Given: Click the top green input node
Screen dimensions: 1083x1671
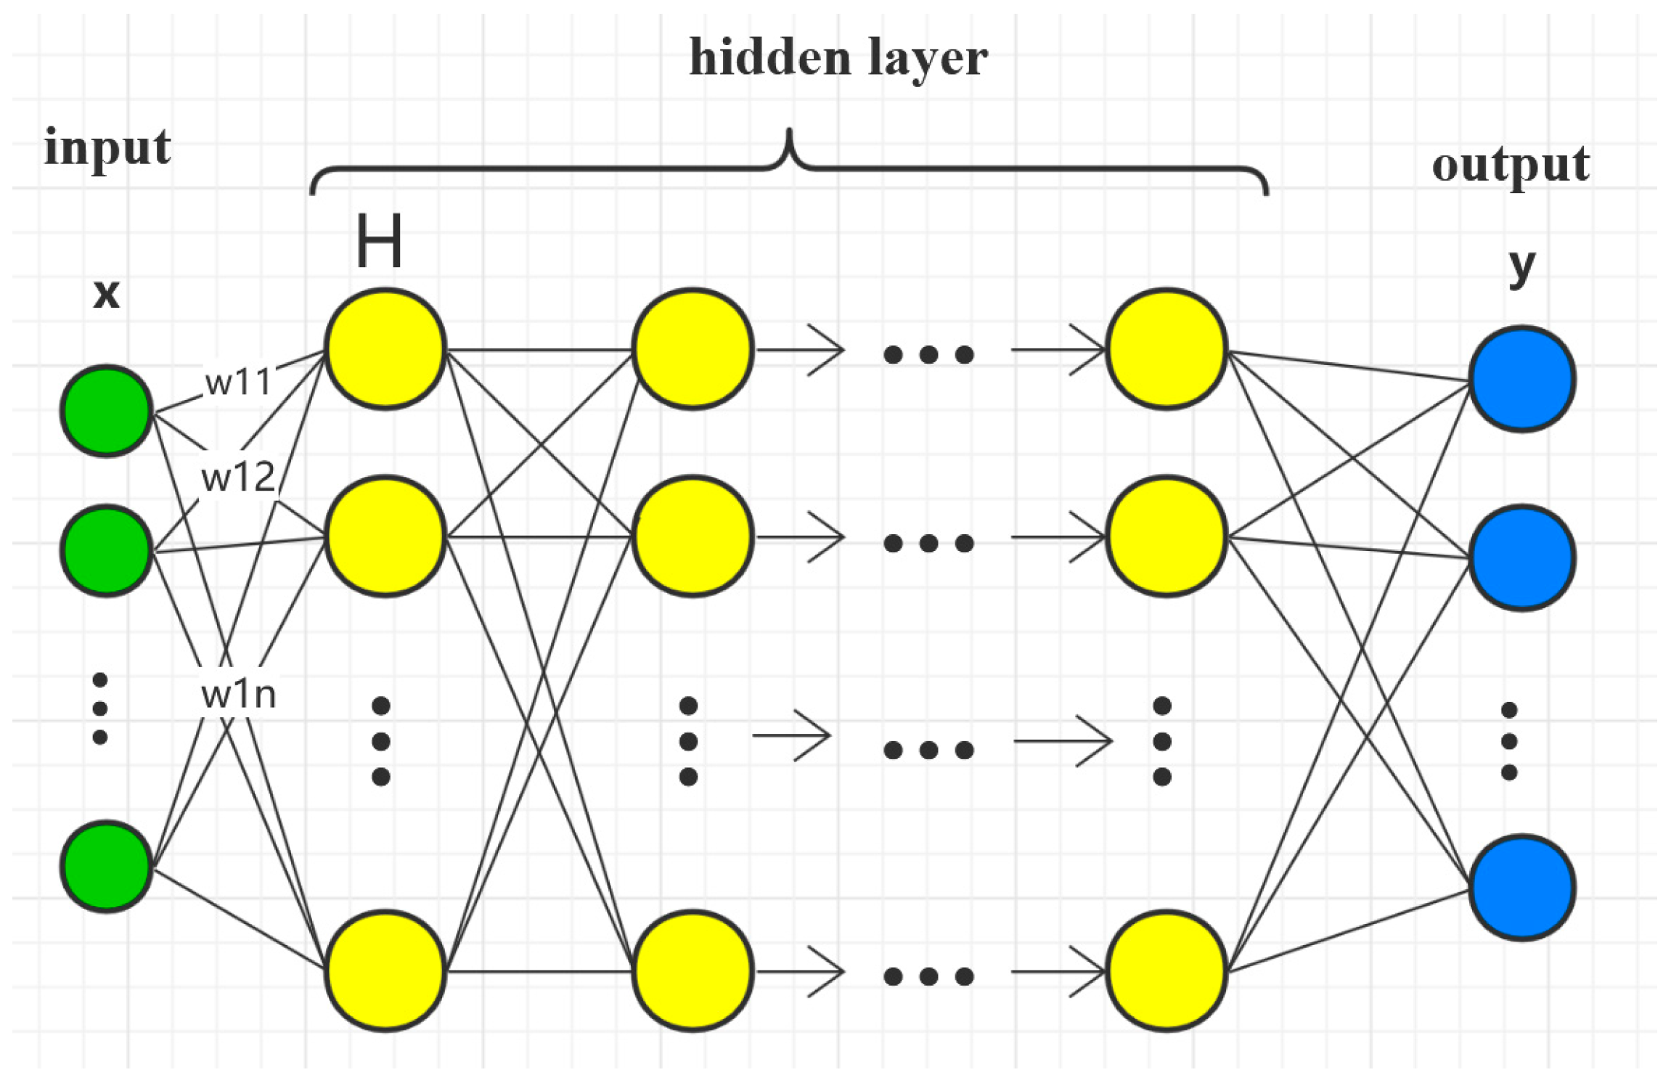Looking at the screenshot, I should [x=107, y=411].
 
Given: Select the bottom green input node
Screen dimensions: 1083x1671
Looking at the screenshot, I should [x=107, y=867].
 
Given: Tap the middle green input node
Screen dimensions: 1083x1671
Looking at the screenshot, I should [x=107, y=551].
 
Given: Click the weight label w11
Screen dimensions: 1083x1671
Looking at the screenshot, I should [x=238, y=382].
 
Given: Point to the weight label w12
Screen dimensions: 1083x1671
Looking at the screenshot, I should [x=238, y=478].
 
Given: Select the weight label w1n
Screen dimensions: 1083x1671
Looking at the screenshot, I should [x=238, y=695].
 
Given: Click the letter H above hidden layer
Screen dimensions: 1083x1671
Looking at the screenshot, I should [x=378, y=242].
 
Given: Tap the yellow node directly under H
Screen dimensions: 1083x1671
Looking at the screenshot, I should [x=385, y=348].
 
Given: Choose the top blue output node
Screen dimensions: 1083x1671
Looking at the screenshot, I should [x=1522, y=379].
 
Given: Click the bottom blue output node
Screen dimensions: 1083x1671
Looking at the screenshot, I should [x=1522, y=888].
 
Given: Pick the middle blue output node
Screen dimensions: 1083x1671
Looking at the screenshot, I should [x=1522, y=557].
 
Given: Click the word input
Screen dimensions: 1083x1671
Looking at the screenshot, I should [x=107, y=147].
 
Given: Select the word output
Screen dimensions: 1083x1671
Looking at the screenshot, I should [x=1511, y=165].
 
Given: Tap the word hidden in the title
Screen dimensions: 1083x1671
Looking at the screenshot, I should [x=769, y=58].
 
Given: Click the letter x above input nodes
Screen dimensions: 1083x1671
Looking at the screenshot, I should [x=106, y=294].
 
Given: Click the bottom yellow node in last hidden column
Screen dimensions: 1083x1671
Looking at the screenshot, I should [x=1167, y=970].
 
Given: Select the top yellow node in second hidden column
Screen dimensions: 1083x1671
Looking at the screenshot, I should [x=692, y=348].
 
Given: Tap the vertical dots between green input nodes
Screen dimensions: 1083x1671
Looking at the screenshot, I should [x=100, y=708].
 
